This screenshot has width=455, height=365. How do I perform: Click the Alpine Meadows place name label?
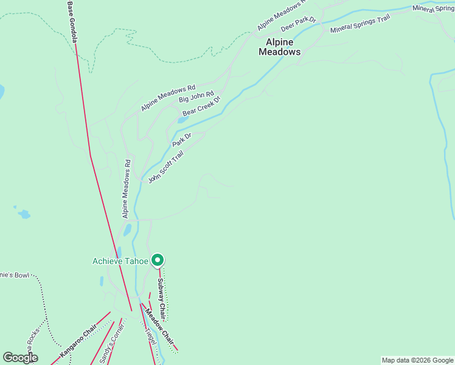[x=280, y=47]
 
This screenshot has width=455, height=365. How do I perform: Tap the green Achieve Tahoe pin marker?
[x=158, y=260]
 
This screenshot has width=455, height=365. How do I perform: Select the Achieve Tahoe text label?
[x=120, y=261]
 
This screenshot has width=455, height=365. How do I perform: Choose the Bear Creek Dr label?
[x=201, y=106]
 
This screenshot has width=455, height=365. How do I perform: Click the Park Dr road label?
[x=181, y=139]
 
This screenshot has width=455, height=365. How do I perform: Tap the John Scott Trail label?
[x=165, y=167]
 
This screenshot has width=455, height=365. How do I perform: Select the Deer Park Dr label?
[x=298, y=24]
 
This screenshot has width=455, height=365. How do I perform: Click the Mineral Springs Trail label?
[x=359, y=25]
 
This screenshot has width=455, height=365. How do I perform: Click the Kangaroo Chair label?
[x=78, y=343]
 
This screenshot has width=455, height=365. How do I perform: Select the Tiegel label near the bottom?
[x=150, y=336]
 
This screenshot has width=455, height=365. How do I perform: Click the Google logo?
[x=20, y=358]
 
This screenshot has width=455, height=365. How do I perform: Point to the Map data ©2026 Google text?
[x=417, y=360]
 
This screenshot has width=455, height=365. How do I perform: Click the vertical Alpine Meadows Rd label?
[x=127, y=189]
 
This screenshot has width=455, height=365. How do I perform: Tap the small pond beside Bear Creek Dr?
[x=182, y=120]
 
